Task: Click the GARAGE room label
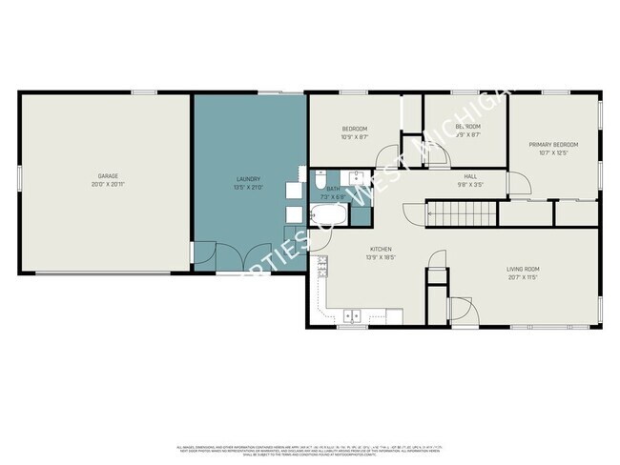click(x=106, y=176)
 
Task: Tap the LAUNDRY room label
click(x=248, y=179)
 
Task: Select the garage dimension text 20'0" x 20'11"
click(x=106, y=184)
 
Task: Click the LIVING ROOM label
click(x=523, y=269)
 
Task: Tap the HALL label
click(x=470, y=176)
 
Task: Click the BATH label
click(x=333, y=190)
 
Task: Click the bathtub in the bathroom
click(x=326, y=214)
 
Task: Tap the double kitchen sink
click(x=352, y=315)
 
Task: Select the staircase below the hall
click(x=463, y=215)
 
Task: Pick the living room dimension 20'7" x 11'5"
click(x=523, y=277)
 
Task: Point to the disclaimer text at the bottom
click(x=309, y=449)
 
